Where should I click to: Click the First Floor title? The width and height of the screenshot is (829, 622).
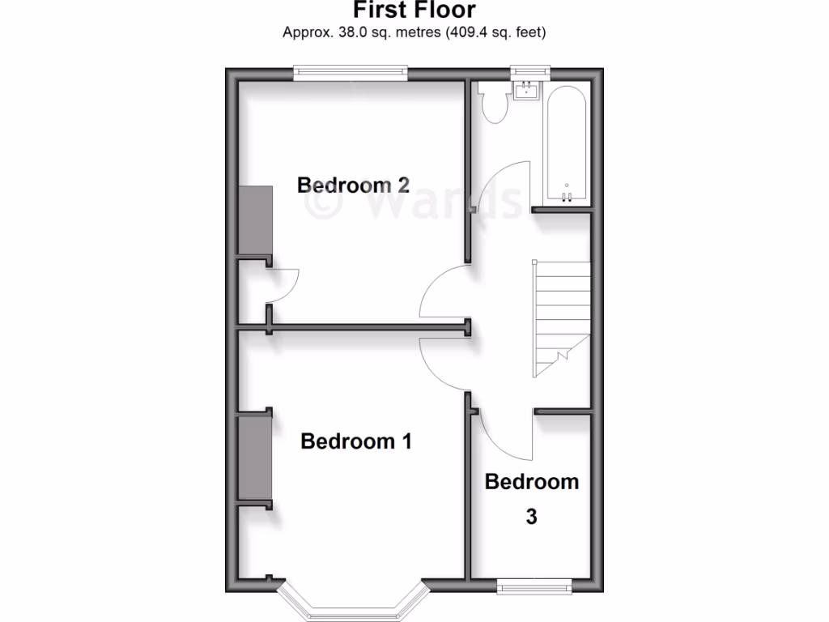click(x=414, y=10)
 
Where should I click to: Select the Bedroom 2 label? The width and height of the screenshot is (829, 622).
click(x=353, y=185)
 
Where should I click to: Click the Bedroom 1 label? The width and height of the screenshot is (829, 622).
click(x=356, y=441)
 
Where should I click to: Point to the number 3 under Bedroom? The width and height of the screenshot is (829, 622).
click(x=531, y=516)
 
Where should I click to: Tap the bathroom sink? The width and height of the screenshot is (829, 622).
click(x=525, y=89)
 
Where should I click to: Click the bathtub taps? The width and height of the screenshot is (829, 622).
click(x=567, y=195)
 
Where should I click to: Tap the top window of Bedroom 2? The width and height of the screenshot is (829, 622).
click(x=351, y=72)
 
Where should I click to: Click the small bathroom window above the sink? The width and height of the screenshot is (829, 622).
click(x=530, y=72)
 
